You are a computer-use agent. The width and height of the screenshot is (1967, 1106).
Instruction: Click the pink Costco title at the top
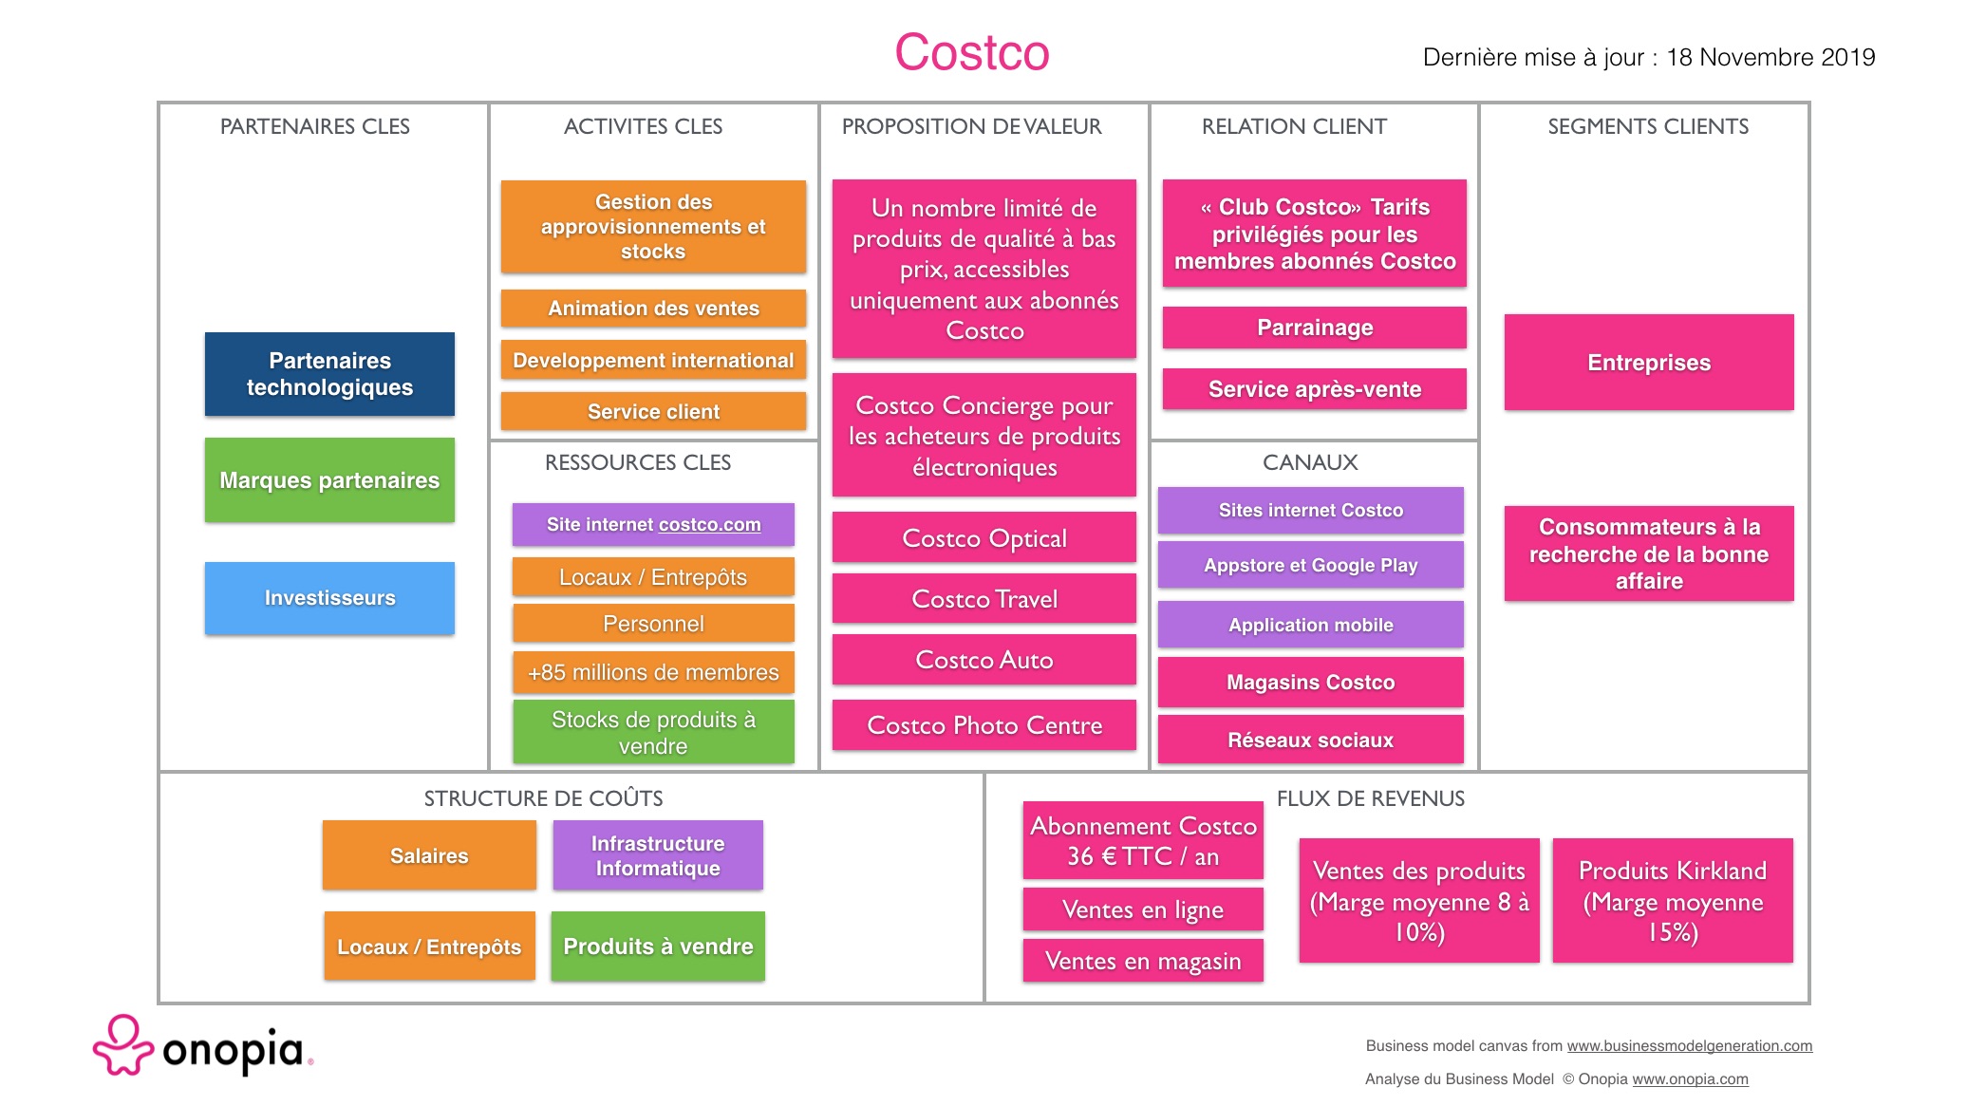pyautogui.click(x=971, y=52)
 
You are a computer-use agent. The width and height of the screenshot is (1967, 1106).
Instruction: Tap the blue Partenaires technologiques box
pyautogui.click(x=329, y=374)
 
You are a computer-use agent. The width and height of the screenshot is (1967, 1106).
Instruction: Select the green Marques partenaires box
pyautogui.click(x=329, y=480)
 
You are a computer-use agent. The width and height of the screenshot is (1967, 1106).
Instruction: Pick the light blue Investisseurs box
pyautogui.click(x=329, y=598)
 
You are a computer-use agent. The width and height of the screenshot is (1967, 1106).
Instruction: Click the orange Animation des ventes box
pyautogui.click(x=653, y=309)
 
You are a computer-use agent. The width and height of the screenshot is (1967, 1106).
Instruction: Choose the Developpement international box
pyautogui.click(x=653, y=361)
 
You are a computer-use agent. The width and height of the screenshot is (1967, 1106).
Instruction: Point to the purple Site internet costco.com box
pyautogui.click(x=653, y=525)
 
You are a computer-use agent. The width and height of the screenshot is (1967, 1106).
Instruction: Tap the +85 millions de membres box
pyautogui.click(x=653, y=672)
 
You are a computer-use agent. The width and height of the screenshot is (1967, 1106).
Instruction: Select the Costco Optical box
pyautogui.click(x=984, y=538)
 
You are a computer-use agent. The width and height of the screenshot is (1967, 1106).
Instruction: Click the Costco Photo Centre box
pyautogui.click(x=984, y=725)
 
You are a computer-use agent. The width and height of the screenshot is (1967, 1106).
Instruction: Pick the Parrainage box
pyautogui.click(x=1315, y=328)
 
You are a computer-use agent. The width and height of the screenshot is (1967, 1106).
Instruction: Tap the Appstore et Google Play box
pyautogui.click(x=1311, y=565)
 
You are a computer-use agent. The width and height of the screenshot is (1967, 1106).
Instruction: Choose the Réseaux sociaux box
pyautogui.click(x=1311, y=740)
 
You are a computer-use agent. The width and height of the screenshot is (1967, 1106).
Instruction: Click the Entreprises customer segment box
pyautogui.click(x=1649, y=363)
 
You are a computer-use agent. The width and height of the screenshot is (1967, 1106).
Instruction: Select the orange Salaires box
pyautogui.click(x=429, y=855)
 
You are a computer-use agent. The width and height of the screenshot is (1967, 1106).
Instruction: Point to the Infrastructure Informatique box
pyautogui.click(x=658, y=855)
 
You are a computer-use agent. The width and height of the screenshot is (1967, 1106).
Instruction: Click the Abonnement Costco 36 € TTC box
pyautogui.click(x=1143, y=841)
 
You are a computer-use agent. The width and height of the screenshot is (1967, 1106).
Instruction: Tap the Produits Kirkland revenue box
pyautogui.click(x=1673, y=901)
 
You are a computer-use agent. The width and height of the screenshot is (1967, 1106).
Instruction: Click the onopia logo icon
pyautogui.click(x=122, y=1045)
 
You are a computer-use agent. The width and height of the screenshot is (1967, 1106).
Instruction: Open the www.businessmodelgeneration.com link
pyautogui.click(x=1690, y=1046)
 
